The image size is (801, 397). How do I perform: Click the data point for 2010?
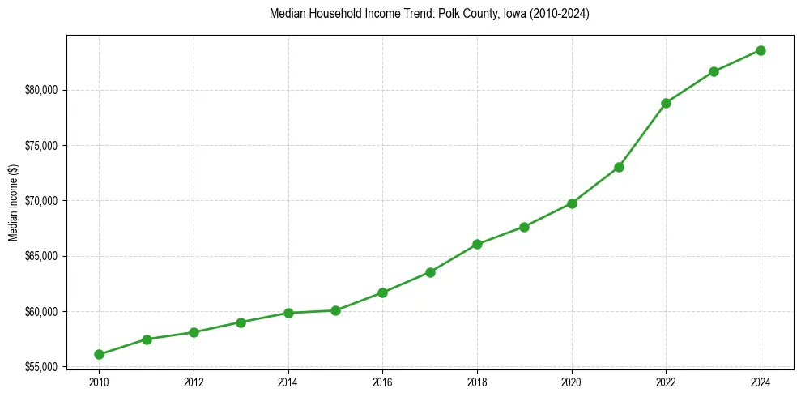click(99, 354)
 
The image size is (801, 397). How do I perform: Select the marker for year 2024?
click(761, 50)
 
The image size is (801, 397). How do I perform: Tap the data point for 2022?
click(666, 103)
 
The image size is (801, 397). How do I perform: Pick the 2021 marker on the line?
click(619, 167)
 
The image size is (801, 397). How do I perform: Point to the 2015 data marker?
click(335, 310)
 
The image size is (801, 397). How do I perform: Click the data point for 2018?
click(477, 244)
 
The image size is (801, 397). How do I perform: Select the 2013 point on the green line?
click(241, 322)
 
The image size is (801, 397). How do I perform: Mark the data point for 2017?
click(430, 272)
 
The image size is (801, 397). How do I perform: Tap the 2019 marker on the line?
click(524, 227)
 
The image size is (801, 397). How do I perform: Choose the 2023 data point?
click(714, 71)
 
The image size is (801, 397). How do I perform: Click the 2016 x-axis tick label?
click(382, 382)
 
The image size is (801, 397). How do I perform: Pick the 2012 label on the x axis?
click(194, 382)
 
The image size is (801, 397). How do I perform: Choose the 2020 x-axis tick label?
click(572, 382)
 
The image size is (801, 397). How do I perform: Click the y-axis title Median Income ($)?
click(13, 201)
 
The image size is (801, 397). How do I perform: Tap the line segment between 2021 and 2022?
click(642, 135)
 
